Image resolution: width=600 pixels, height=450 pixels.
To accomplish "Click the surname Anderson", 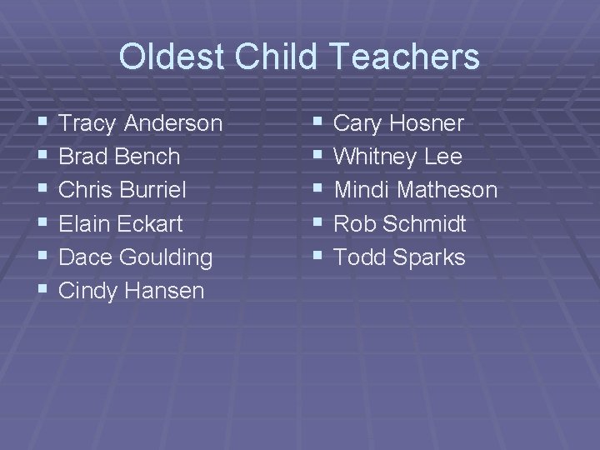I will [173, 124].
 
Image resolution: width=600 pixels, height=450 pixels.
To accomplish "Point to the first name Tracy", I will [89, 124].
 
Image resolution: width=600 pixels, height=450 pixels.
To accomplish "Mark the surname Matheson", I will [447, 191].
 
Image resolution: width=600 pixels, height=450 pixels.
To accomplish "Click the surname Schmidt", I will [424, 224].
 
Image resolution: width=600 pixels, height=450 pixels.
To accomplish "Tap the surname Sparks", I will [430, 257].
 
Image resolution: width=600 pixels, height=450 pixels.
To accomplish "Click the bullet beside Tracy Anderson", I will [42, 123].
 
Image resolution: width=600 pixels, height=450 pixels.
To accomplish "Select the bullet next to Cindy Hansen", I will [42, 290].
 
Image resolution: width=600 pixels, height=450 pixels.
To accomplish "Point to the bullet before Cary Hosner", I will [315, 123].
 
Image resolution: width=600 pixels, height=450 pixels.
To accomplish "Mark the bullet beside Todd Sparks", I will [315, 257].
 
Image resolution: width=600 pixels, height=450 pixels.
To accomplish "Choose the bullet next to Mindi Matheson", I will [315, 190].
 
